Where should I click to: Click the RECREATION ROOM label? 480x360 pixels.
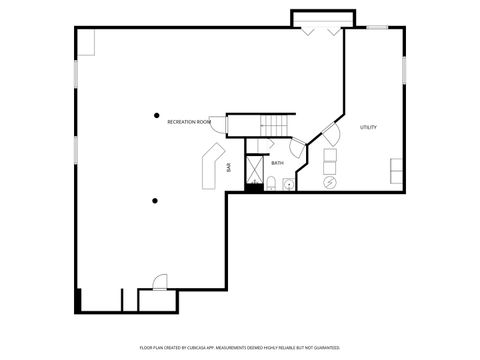tap(188, 122)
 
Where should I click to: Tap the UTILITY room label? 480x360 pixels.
tap(368, 127)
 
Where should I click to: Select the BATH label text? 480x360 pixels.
tap(277, 162)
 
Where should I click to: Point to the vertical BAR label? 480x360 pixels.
tap(229, 168)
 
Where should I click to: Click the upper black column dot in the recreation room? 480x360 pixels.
tap(156, 115)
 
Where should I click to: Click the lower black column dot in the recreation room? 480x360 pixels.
tap(155, 201)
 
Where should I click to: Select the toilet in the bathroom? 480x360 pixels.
tap(270, 182)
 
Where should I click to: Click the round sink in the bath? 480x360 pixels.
tap(288, 183)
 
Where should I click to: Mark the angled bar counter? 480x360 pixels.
tap(211, 165)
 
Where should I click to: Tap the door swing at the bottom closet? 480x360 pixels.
tap(157, 282)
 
